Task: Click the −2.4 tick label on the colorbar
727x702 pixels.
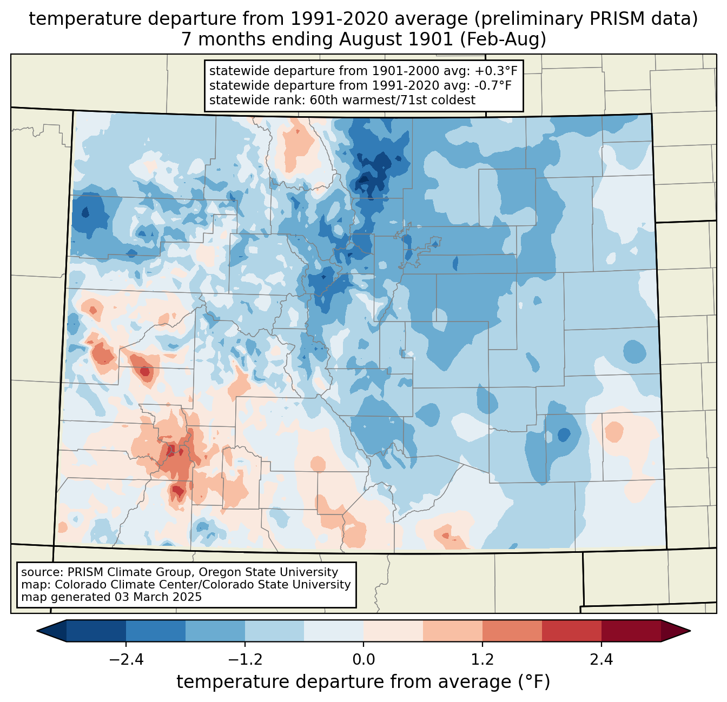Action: click(125, 660)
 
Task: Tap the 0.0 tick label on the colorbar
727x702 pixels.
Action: click(363, 660)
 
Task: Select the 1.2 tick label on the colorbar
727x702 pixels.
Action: click(483, 660)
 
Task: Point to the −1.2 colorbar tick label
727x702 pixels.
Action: click(244, 660)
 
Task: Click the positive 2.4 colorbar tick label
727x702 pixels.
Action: click(602, 660)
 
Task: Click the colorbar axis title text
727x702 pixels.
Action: click(363, 682)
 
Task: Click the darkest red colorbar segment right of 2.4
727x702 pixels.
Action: click(631, 631)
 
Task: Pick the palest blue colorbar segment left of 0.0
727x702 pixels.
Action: click(334, 631)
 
